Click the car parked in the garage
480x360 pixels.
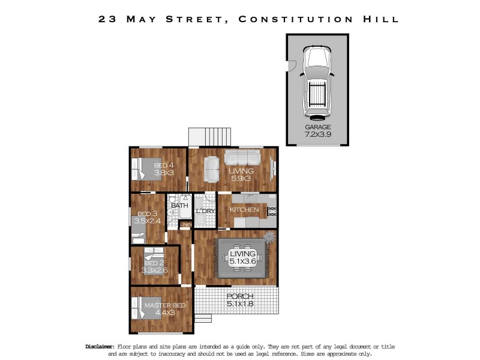pyautogui.click(x=316, y=82)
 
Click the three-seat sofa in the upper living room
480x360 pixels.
pyautogui.click(x=242, y=158)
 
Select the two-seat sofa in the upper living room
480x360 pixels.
pyautogui.click(x=211, y=169)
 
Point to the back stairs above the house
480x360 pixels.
pyautogui.click(x=209, y=136)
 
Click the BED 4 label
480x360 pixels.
pyautogui.click(x=164, y=169)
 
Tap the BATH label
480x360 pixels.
pyautogui.click(x=179, y=206)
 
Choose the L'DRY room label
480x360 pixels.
pyautogui.click(x=206, y=211)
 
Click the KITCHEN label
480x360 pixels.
pyautogui.click(x=244, y=210)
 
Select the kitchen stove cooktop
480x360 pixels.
pyautogui.click(x=271, y=211)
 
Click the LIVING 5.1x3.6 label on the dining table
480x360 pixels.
pyautogui.click(x=243, y=257)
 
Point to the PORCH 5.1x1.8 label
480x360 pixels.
pyautogui.click(x=239, y=300)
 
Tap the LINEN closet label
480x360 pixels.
pyautogui.click(x=186, y=224)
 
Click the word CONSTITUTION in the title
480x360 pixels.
pyautogui.click(x=294, y=19)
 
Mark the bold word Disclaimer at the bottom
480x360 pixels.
pyautogui.click(x=99, y=347)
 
